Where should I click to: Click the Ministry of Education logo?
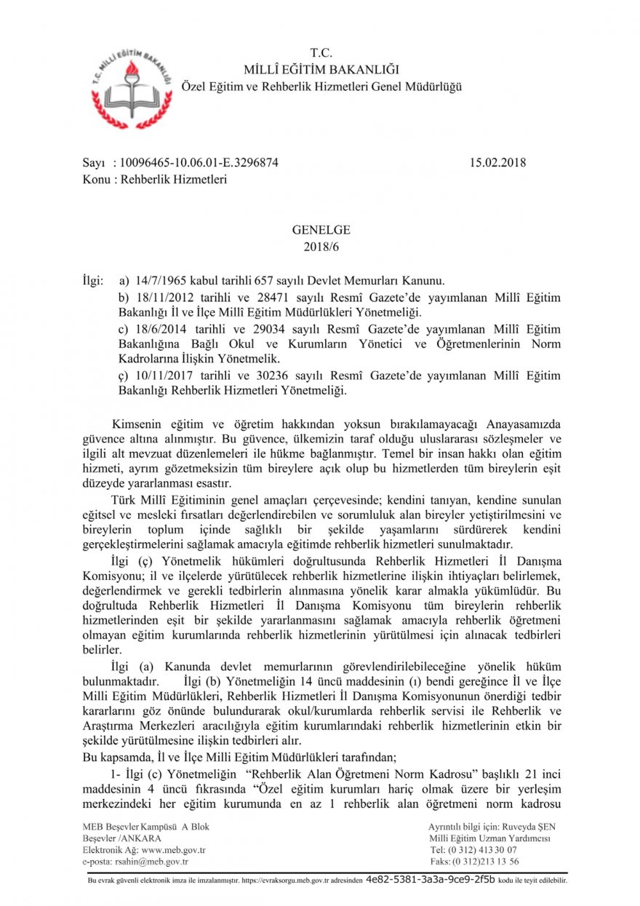(x=132, y=86)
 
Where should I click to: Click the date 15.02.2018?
(x=497, y=163)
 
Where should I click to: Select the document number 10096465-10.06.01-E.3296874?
(x=196, y=163)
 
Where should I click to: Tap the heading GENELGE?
(x=321, y=230)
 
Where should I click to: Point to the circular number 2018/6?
(x=321, y=246)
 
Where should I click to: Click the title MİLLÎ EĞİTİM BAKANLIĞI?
(x=321, y=70)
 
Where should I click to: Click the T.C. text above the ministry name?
(x=321, y=53)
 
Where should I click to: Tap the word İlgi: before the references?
(x=93, y=280)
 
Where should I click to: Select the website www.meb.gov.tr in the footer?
(x=174, y=850)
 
